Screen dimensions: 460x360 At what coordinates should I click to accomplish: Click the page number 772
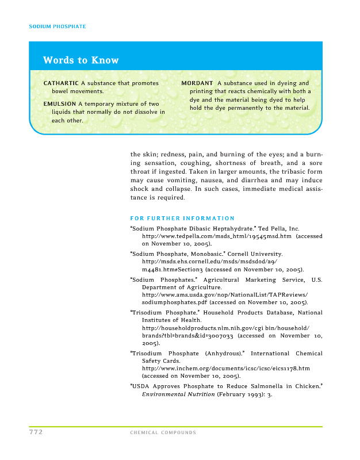click(36, 432)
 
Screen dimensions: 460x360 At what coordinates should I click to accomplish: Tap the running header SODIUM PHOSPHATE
click(58, 26)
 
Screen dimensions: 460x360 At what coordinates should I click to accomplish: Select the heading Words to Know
click(81, 60)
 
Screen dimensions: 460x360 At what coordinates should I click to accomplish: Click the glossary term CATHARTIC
click(61, 83)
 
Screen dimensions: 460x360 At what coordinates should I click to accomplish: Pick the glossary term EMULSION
click(60, 103)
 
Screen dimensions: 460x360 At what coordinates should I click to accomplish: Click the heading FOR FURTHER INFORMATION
click(182, 218)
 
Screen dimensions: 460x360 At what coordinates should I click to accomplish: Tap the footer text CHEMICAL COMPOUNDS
click(163, 433)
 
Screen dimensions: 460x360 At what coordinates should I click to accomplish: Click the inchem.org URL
click(225, 368)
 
